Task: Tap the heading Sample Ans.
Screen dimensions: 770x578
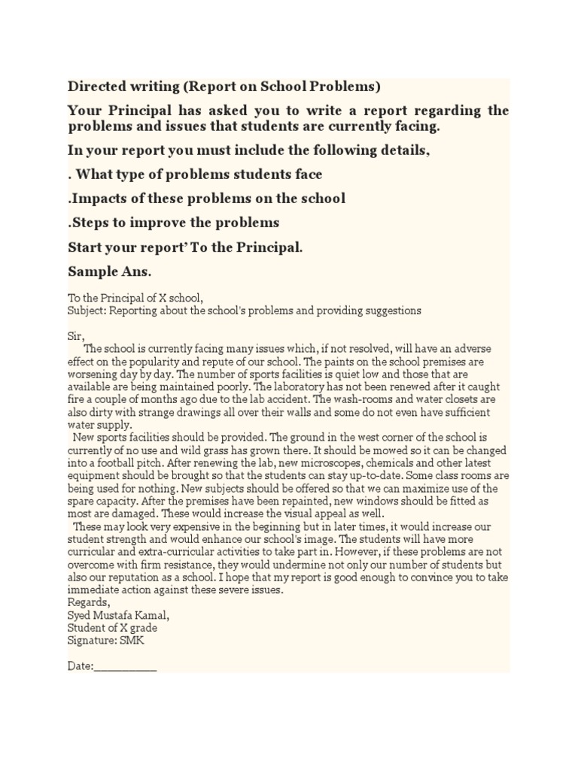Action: coord(114,271)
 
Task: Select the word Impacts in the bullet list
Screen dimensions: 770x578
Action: coord(97,199)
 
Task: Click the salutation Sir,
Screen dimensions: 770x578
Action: coord(76,335)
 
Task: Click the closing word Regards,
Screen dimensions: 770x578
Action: coord(89,603)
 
